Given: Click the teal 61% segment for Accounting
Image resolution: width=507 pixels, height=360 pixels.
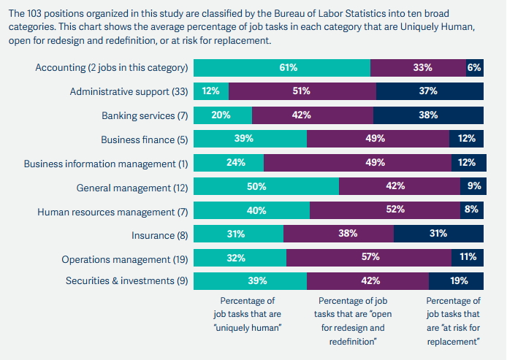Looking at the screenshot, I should tap(282, 68).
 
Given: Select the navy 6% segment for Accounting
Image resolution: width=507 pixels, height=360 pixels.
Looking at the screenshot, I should tap(475, 68).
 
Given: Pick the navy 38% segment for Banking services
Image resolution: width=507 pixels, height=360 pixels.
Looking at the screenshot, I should tap(428, 115).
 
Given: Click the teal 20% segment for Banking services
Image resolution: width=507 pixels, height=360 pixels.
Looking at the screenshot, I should tap(222, 115).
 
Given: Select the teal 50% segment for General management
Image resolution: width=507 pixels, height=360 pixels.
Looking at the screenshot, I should tap(266, 186).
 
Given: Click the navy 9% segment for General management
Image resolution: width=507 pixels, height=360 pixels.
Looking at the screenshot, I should tap(472, 186).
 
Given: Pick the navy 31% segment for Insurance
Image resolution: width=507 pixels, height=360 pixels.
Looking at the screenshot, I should tap(438, 234).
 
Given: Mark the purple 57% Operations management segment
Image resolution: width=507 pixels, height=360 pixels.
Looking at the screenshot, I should tap(370, 257).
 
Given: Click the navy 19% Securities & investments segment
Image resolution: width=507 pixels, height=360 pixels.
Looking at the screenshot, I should tap(456, 281).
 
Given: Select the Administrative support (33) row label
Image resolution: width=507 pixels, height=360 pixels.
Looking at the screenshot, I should tap(129, 91).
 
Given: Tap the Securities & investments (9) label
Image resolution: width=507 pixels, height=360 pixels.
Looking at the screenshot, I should tap(125, 281).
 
